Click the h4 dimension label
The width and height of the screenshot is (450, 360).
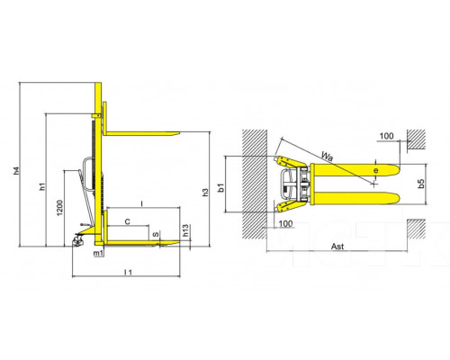point(17,170)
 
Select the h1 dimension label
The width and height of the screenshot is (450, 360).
point(43,186)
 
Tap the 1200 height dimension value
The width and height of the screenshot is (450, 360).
point(59,208)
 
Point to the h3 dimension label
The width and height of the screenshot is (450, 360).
point(205,193)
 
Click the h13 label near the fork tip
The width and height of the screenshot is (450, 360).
point(185,230)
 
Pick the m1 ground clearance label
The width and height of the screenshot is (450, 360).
point(98,253)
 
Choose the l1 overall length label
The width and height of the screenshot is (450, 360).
point(128,272)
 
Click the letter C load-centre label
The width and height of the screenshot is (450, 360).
point(128,221)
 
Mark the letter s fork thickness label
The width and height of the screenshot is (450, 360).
point(156,234)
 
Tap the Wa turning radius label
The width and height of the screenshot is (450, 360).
point(327,157)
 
